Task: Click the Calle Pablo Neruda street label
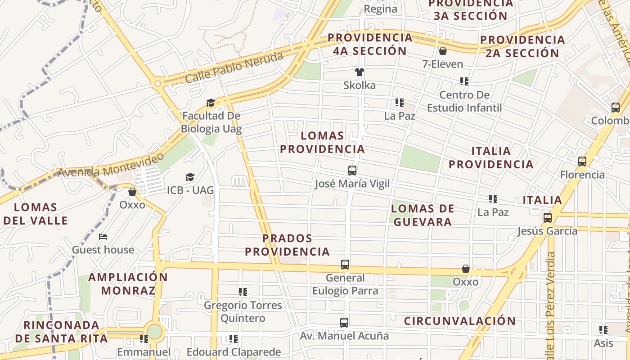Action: tap(234, 67)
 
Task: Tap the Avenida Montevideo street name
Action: tap(111, 166)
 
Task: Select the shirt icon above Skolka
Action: tap(359, 72)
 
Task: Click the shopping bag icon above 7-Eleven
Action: tap(442, 51)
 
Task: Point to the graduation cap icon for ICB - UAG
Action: tap(190, 177)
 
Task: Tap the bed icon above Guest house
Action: tap(103, 237)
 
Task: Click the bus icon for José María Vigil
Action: tap(352, 171)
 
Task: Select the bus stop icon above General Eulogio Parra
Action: tap(345, 265)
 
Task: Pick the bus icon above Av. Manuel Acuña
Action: tap(344, 323)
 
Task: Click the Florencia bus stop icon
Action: tap(582, 162)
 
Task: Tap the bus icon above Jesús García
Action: tap(548, 218)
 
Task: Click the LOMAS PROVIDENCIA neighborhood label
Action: tap(322, 142)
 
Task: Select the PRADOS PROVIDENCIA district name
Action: tap(287, 245)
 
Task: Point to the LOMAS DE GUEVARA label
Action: tap(422, 215)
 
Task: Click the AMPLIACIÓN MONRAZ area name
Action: tap(128, 283)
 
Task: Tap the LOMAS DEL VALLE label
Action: tap(36, 214)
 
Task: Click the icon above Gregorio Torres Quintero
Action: tap(243, 292)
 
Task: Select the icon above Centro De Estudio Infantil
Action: tap(464, 81)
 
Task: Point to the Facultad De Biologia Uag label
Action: tap(211, 122)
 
